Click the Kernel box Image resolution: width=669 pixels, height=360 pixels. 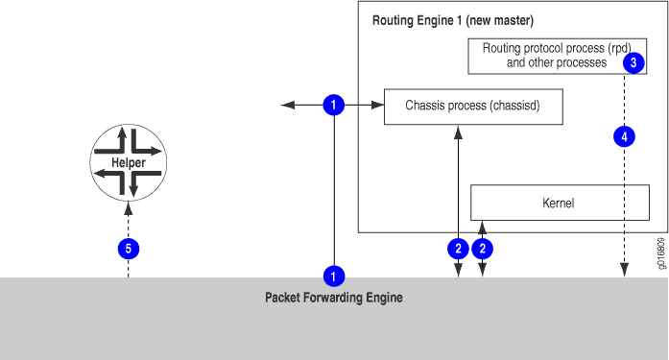560,203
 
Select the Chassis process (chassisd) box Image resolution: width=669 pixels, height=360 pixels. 472,107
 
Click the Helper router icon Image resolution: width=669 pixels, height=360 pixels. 128,163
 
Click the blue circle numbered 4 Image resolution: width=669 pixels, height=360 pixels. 624,137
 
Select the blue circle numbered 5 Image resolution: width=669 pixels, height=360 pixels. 128,249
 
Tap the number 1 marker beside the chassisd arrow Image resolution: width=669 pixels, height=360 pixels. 333,106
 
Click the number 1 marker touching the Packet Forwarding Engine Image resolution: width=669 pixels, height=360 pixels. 333,276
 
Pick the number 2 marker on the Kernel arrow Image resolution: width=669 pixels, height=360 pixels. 484,249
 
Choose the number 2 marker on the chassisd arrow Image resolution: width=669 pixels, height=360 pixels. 458,249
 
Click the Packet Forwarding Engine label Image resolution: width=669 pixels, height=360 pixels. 333,298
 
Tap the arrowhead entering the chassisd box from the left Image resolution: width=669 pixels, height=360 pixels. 378,106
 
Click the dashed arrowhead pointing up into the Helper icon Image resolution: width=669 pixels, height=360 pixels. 128,206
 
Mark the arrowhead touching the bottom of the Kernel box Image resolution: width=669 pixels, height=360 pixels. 483,225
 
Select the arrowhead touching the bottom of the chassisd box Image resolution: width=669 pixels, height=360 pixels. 458,131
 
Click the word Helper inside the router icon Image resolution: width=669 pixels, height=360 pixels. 128,163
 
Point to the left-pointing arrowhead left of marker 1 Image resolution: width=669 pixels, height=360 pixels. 285,106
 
